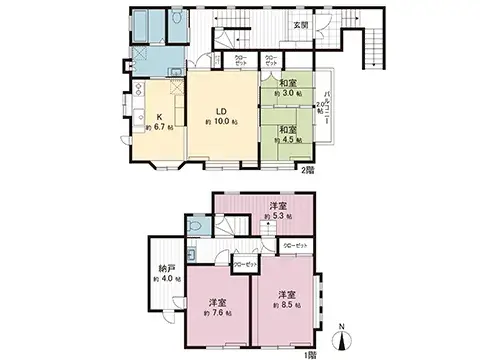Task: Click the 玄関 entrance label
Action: tap(299, 24)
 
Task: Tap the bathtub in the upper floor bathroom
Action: tap(142, 26)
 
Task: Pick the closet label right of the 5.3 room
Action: tap(296, 244)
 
